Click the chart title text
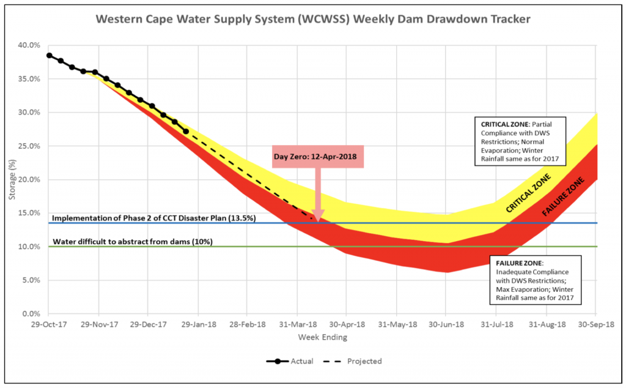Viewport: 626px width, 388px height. click(313, 19)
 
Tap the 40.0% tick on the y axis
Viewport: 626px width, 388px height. click(29, 45)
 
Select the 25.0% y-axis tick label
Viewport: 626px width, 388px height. click(29, 146)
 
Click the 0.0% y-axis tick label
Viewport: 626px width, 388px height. click(31, 314)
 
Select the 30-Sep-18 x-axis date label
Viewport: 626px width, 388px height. click(596, 326)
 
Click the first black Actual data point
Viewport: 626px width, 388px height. click(49, 55)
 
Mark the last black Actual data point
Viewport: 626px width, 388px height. click(186, 131)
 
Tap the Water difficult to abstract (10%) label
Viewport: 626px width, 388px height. click(133, 242)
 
